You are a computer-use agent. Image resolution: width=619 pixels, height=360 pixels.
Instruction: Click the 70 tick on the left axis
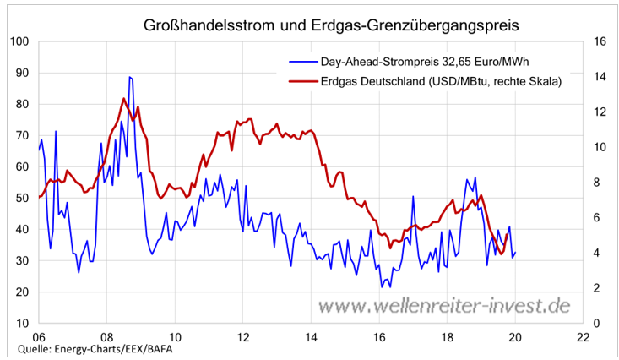click(x=23, y=135)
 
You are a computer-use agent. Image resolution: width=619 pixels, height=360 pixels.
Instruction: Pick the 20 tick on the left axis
click(x=23, y=292)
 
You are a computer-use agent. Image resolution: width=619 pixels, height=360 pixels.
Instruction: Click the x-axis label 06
click(x=38, y=336)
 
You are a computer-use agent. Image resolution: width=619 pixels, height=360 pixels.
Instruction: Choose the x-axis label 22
click(x=583, y=336)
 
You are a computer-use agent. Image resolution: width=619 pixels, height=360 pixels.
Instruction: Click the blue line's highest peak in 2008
click(x=129, y=77)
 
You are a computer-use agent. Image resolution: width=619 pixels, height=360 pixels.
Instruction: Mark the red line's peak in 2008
click(x=123, y=99)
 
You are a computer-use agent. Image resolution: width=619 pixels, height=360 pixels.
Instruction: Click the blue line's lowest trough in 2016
click(x=383, y=287)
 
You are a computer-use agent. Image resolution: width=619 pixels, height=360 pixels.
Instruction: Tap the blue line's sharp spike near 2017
click(x=414, y=196)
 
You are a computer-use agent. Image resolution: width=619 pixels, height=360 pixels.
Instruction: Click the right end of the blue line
click(x=515, y=252)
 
